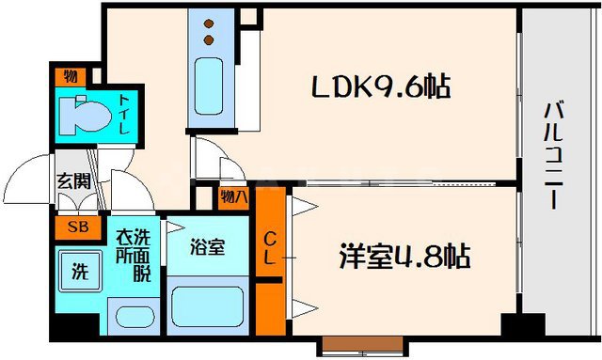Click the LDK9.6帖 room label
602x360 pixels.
pos(381,88)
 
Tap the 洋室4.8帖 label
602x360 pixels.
pos(405,256)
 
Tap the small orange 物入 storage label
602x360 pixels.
pos(234,197)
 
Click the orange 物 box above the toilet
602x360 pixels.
pos(71,76)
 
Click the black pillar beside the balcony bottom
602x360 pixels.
pos(522,326)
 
